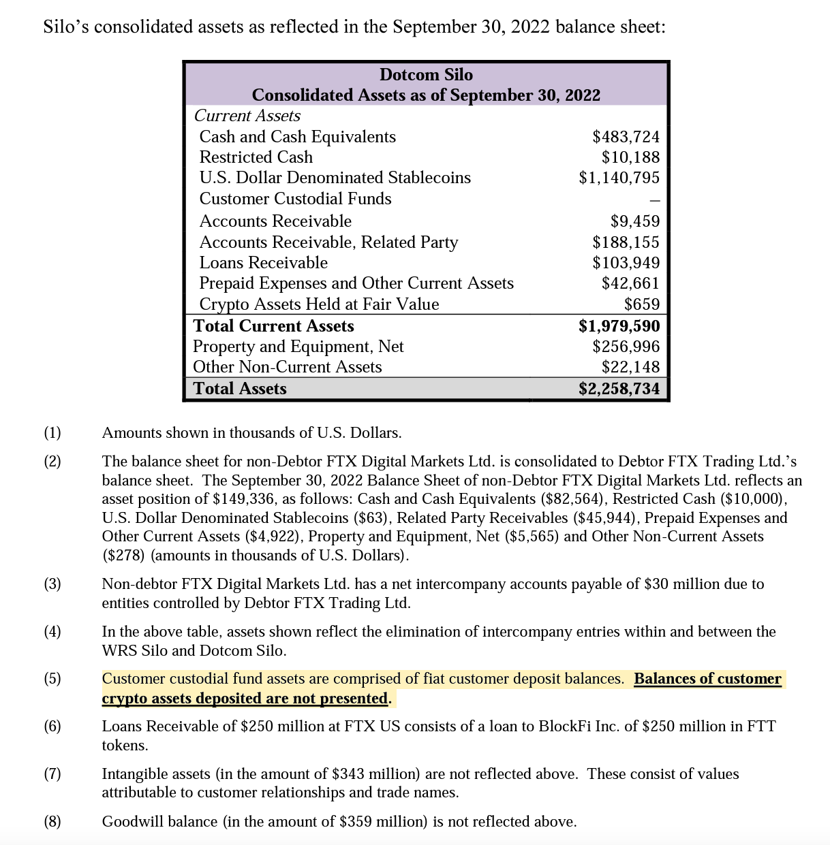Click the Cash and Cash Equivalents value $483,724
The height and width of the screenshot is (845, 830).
pos(626,137)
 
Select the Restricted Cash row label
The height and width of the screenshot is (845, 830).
pos(256,157)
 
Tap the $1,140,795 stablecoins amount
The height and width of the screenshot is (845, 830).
pos(619,178)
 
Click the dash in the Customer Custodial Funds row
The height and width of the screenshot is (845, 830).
pos(654,200)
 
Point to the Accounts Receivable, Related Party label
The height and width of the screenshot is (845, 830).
pos(328,242)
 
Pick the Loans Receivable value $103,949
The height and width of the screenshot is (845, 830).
pos(626,263)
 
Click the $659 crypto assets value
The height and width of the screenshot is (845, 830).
pos(642,304)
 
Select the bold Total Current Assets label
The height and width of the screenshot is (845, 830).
pos(273,326)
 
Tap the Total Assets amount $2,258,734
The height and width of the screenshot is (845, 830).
pos(619,389)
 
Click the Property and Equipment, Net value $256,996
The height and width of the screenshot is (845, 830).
pos(626,347)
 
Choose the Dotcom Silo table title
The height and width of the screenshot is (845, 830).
pos(425,75)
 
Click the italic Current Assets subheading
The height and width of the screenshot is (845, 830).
pos(247,116)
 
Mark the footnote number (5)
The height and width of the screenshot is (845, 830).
pos(52,679)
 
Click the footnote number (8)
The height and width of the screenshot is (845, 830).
pos(52,822)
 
